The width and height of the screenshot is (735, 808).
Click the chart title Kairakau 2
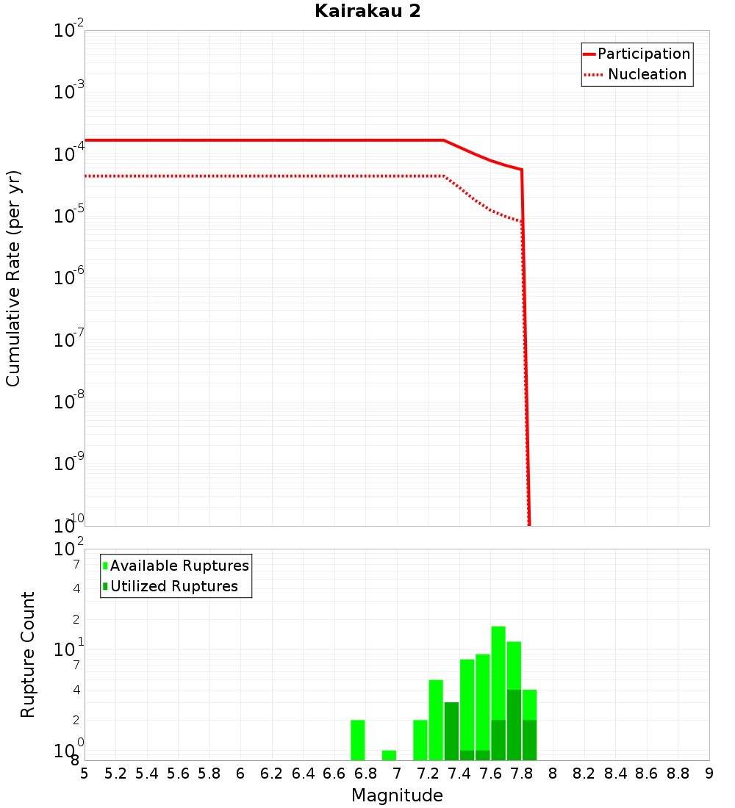coord(367,11)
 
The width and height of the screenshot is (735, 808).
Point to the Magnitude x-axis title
coord(397,796)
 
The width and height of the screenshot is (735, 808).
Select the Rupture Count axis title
coord(28,654)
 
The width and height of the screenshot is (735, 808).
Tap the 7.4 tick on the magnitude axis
coord(459,773)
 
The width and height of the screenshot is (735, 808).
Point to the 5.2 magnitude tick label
coord(115,773)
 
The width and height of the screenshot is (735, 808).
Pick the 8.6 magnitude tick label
coord(647,773)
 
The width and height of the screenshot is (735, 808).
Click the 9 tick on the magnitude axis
coord(709,773)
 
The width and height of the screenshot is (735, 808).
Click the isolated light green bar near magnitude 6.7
coord(358,740)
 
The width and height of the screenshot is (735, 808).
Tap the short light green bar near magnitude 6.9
coord(389,755)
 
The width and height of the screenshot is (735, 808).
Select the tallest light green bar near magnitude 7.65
coord(498,672)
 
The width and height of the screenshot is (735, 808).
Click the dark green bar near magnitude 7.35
coord(451,731)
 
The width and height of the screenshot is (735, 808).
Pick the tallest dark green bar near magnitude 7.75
coord(514,725)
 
